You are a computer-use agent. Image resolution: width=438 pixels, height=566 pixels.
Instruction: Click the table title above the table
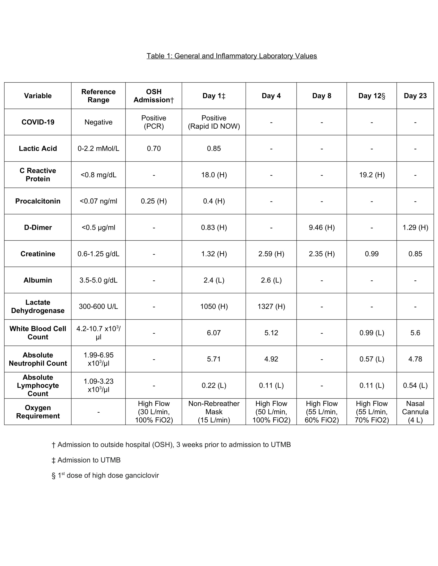coord(231,56)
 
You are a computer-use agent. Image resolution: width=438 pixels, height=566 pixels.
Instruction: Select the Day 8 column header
coord(322,96)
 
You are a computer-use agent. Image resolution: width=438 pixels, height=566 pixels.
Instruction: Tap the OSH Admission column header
coord(154,96)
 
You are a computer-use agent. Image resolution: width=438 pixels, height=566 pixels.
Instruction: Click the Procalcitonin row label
coord(38,201)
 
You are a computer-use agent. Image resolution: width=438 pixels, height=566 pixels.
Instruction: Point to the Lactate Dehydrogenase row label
coord(38,306)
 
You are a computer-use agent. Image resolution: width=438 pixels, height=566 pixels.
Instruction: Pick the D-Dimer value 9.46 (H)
coord(322,227)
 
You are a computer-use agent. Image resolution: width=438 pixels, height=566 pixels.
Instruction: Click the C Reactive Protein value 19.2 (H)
coord(372,175)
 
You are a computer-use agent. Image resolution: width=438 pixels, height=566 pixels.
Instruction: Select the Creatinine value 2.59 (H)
coord(271,254)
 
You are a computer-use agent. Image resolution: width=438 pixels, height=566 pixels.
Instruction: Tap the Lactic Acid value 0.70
coord(154,148)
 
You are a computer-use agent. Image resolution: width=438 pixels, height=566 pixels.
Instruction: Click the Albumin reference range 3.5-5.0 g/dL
coord(98,280)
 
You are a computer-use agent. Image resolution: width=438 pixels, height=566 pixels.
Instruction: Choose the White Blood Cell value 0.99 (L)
coord(372,333)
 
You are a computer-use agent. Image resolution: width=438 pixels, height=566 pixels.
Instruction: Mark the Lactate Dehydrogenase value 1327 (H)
coord(271,307)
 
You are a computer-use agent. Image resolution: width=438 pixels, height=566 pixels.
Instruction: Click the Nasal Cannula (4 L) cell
coord(415,412)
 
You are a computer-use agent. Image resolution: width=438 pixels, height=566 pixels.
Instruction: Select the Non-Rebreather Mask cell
coord(214,412)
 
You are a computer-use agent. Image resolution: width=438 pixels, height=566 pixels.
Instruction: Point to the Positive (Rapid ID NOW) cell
coord(214,122)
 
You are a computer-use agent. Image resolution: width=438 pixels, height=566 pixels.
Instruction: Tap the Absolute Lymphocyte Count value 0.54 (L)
coord(415,385)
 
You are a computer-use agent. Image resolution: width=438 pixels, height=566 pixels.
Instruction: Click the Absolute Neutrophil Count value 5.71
coord(214,359)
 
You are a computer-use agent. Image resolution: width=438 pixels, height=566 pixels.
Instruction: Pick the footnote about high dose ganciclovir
coord(105,475)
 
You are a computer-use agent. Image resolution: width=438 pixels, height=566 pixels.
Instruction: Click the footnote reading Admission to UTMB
coord(86,460)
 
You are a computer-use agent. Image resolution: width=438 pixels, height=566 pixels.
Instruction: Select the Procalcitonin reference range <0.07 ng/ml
coord(98,201)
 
